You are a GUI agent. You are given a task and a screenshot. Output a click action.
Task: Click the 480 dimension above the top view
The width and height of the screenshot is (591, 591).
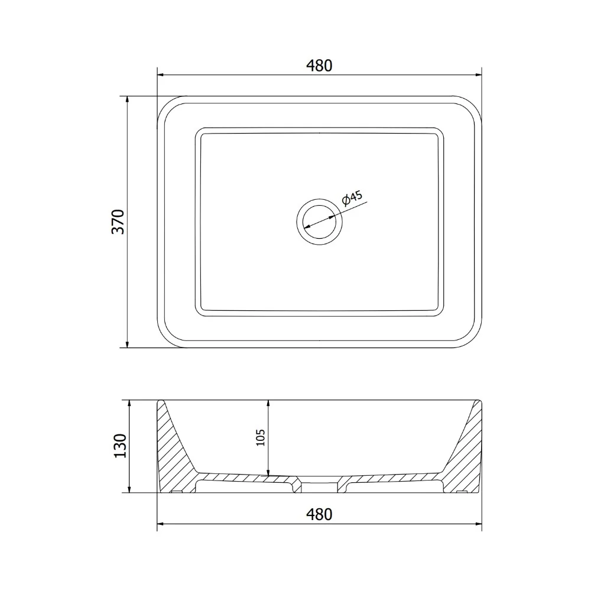coord(319,66)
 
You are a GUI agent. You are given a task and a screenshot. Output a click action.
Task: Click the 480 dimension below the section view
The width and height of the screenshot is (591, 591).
coord(319,515)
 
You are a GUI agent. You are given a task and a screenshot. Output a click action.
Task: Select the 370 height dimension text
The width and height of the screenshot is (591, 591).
coord(118,222)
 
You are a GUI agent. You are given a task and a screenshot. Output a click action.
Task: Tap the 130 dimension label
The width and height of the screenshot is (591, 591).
coord(120,446)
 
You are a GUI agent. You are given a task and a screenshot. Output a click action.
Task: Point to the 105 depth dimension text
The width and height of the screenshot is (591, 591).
coord(261,437)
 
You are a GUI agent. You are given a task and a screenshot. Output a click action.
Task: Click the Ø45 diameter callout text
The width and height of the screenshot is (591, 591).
coord(352,198)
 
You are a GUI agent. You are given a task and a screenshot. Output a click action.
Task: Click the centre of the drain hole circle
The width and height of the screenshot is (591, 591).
coord(320,222)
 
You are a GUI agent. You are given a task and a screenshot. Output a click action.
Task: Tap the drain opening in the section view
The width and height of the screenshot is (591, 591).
coord(320,486)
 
